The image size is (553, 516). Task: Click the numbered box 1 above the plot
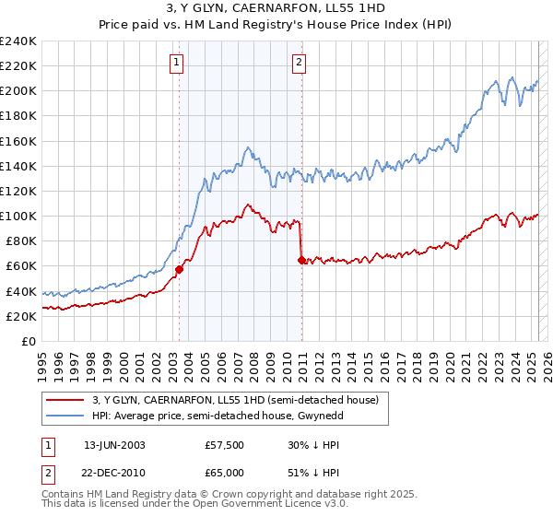pyautogui.click(x=176, y=63)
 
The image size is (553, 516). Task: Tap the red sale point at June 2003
pyautogui.click(x=179, y=269)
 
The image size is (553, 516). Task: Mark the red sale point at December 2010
pyautogui.click(x=301, y=260)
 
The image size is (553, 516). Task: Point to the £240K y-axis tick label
pyautogui.click(x=18, y=41)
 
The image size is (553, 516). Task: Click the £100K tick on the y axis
pyautogui.click(x=18, y=216)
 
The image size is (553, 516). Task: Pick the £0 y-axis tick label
pyautogui.click(x=29, y=341)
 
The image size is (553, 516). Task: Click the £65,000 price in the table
pyautogui.click(x=223, y=472)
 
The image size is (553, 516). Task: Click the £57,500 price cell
pyautogui.click(x=223, y=444)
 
